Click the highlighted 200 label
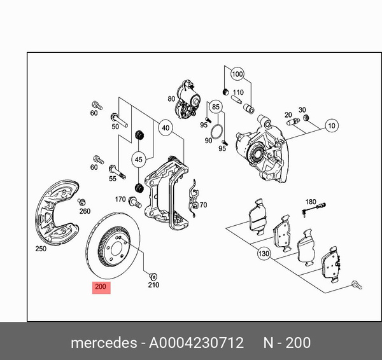coord(101,287)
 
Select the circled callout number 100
coord(237,74)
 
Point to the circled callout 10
coord(332,125)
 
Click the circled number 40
coord(166,128)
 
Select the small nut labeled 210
coord(153,276)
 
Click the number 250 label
coord(40,249)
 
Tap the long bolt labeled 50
coord(118,118)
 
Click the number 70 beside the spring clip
coord(203,205)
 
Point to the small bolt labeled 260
coord(81,202)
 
